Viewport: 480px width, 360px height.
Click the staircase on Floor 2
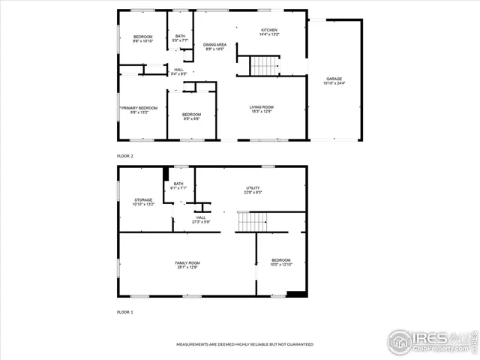264,66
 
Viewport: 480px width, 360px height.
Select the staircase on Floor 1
253,222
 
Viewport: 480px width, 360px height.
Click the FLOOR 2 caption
124,155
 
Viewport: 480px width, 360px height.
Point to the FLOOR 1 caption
124,311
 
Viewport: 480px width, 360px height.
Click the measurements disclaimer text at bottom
244,344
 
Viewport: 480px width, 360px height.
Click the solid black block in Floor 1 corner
297,293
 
